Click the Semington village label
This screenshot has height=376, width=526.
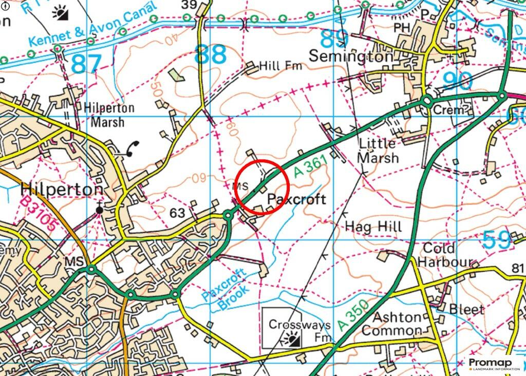(351, 55)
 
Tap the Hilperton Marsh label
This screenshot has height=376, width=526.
(105, 116)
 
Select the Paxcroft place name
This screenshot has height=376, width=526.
(296, 199)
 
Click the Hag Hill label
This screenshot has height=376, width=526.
(373, 227)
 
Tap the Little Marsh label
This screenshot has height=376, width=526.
(378, 150)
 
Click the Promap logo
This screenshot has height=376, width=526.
(494, 364)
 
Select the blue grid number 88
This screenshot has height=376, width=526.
(210, 54)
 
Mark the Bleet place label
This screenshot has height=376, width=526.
(466, 309)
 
